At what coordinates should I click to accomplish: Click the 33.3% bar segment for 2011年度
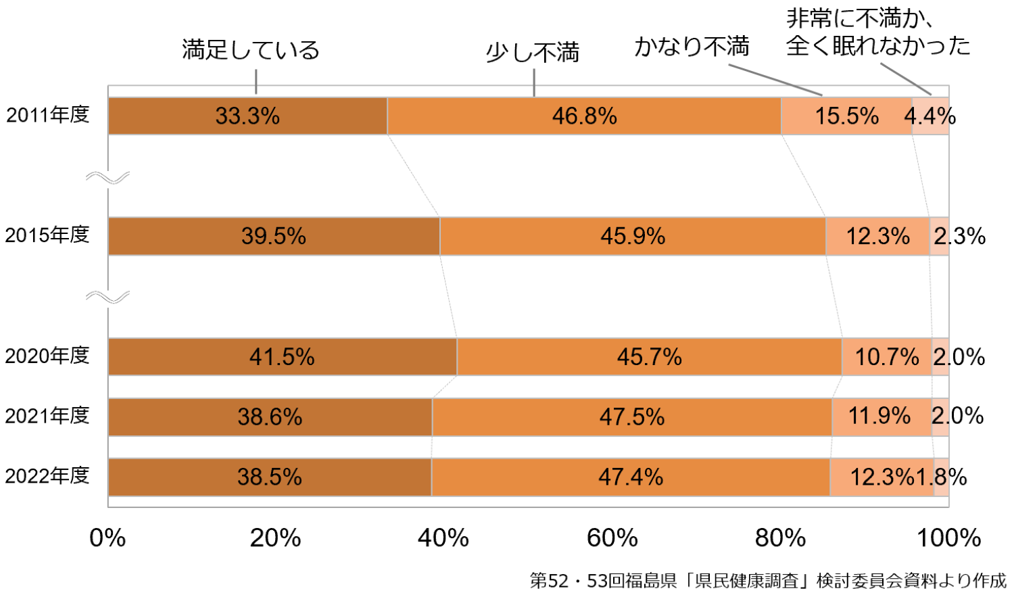(247, 116)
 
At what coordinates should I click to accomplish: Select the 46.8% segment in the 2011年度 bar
(584, 116)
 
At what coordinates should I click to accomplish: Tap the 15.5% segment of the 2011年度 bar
(846, 116)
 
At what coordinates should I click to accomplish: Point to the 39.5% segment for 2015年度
(274, 236)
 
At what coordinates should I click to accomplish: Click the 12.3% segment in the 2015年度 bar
(877, 236)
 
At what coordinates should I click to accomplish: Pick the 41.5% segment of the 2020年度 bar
(282, 356)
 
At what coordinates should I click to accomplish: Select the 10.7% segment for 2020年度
(886, 356)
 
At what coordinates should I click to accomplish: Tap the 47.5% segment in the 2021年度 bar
(631, 416)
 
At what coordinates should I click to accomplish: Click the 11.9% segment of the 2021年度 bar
(881, 416)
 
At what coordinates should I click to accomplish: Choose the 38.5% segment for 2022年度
(269, 477)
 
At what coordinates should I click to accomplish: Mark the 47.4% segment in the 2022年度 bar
(630, 477)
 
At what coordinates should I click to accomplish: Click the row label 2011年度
(48, 115)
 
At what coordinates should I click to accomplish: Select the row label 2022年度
(47, 476)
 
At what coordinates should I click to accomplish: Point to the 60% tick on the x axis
(612, 538)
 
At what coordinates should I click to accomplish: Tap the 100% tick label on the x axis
(948, 538)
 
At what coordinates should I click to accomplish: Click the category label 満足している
(251, 50)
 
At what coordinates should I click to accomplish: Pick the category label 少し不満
(533, 53)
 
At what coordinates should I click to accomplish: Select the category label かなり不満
(692, 47)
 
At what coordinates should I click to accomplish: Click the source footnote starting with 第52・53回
(768, 580)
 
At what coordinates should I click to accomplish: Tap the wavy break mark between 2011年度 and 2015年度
(107, 178)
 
